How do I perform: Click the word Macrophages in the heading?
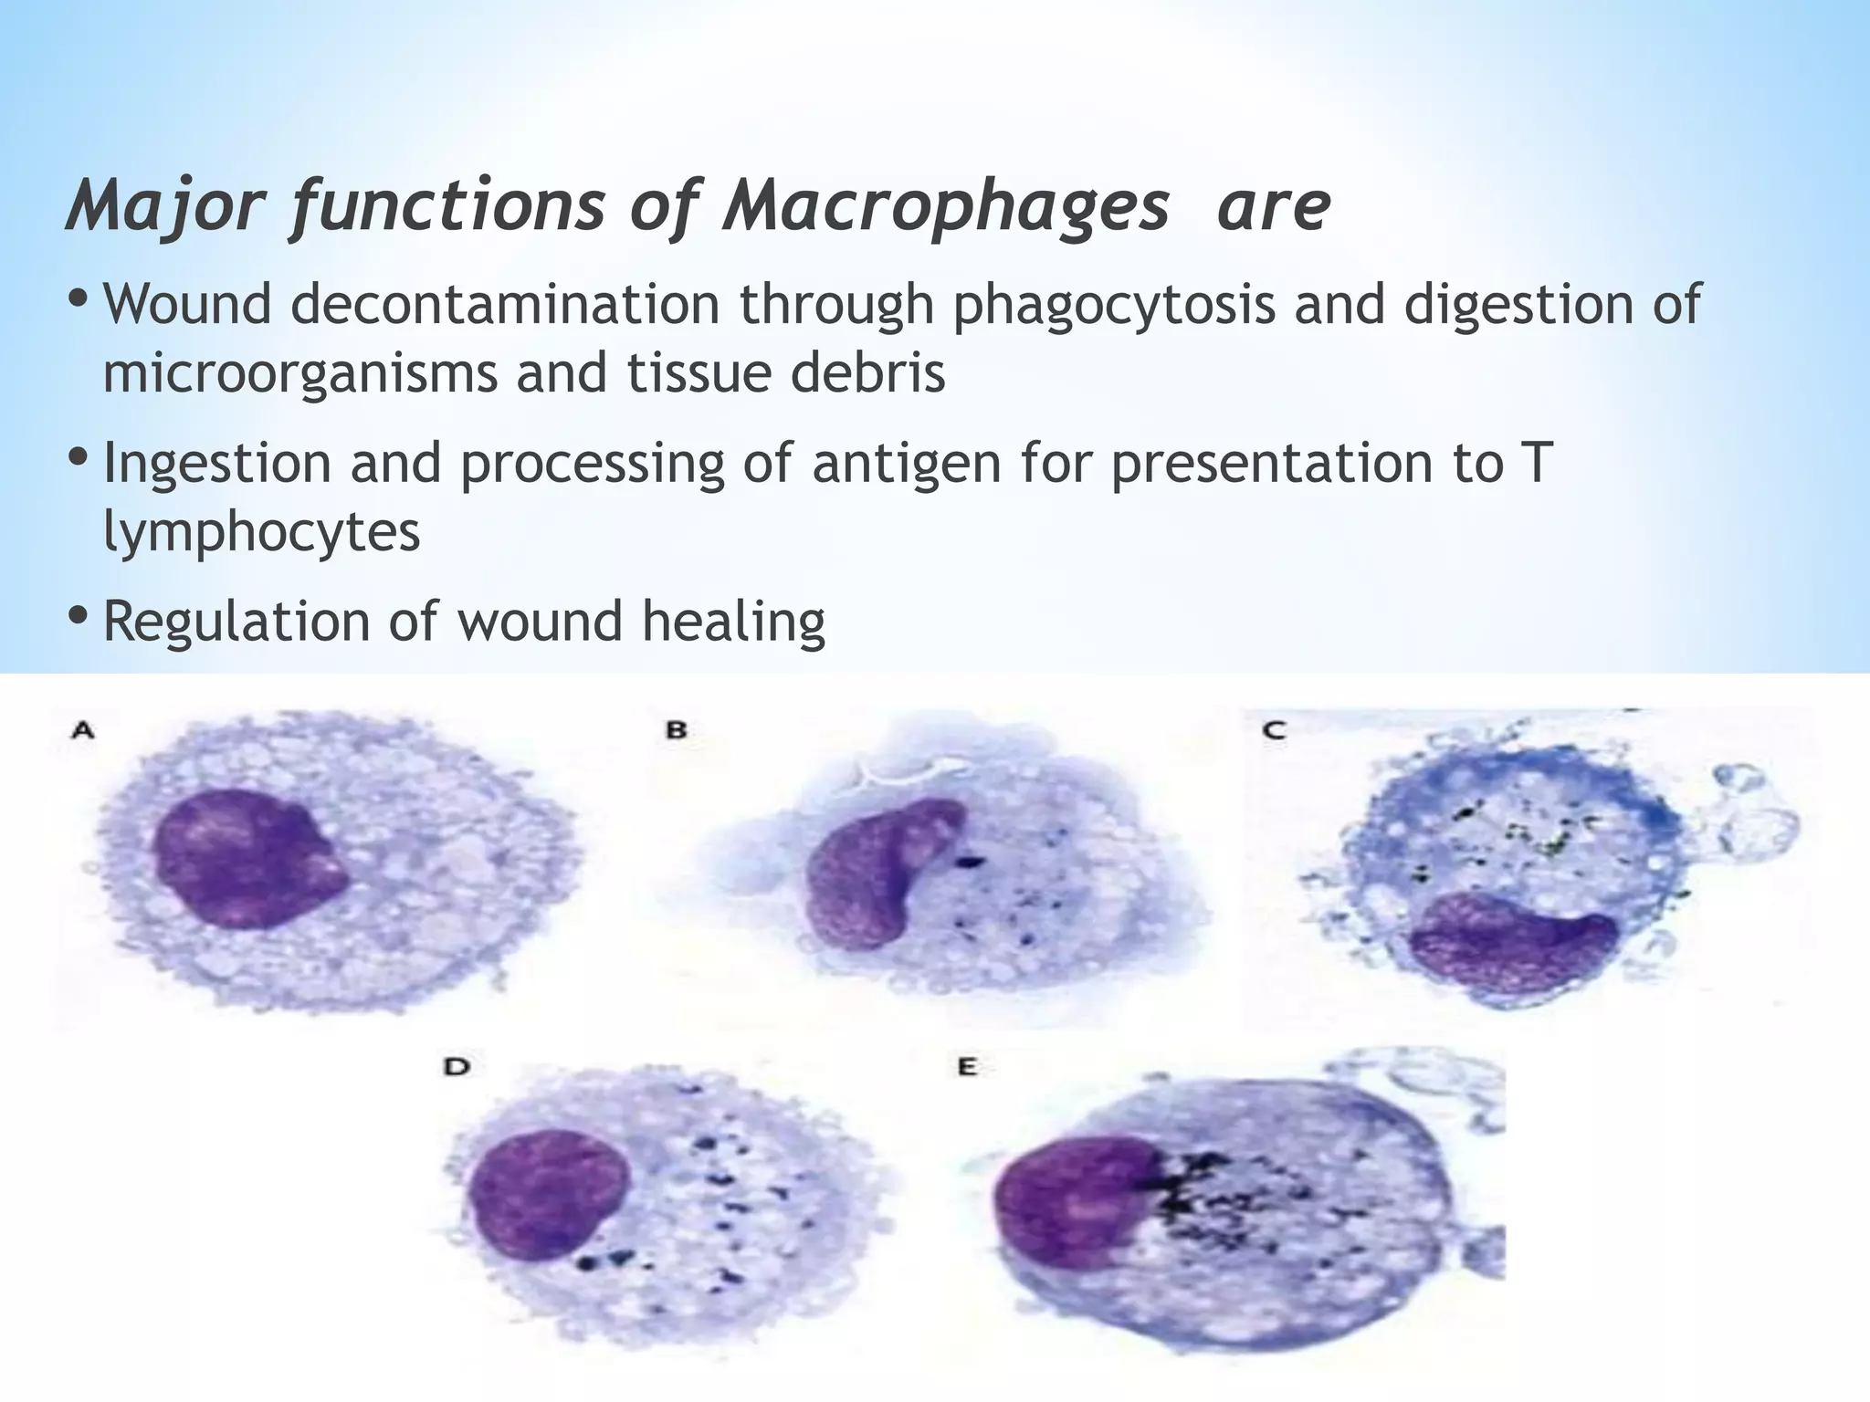(945, 207)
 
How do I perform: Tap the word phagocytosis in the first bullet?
(1113, 304)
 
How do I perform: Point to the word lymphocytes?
(261, 531)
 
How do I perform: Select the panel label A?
(83, 730)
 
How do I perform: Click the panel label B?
(677, 730)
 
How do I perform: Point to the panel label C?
(1275, 730)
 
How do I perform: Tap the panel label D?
(457, 1066)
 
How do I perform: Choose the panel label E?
(968, 1066)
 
